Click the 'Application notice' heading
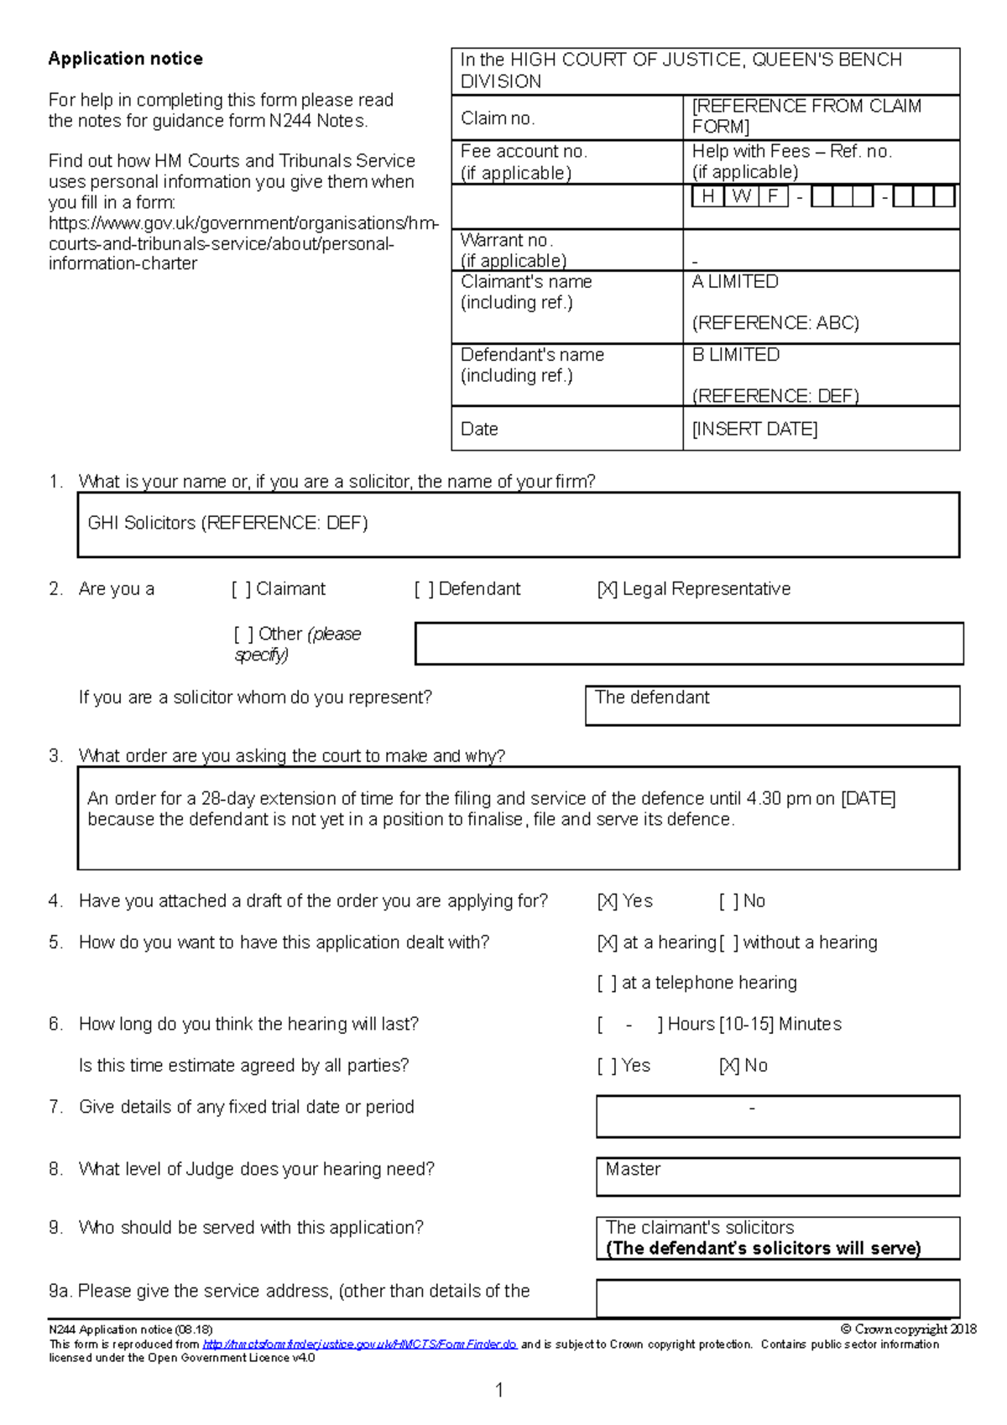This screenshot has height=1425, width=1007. [x=125, y=59]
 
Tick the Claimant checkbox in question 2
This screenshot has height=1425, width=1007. [x=242, y=590]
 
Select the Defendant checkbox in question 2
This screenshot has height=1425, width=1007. [x=424, y=590]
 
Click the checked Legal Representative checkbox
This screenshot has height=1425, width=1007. [x=608, y=590]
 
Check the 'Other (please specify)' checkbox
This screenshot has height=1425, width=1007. [x=243, y=634]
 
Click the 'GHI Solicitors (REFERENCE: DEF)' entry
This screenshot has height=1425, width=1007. [x=227, y=524]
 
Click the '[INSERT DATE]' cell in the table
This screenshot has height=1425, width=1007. [x=754, y=429]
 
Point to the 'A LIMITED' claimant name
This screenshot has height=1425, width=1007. [x=735, y=282]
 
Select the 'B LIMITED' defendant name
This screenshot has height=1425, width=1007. [x=736, y=355]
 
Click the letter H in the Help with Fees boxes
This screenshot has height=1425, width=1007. [x=707, y=196]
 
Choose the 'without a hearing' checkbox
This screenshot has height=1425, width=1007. [x=729, y=943]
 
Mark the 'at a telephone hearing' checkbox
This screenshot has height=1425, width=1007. [x=608, y=984]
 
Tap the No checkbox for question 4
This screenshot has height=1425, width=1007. [x=729, y=902]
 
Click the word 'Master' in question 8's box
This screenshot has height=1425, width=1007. [x=633, y=1169]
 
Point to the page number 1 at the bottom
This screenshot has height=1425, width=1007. [x=500, y=1390]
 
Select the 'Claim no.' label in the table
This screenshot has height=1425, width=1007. [x=498, y=118]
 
